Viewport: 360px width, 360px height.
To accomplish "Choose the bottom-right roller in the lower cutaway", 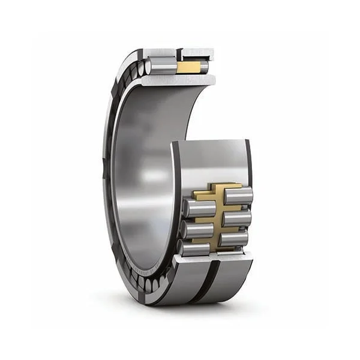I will (x=235, y=238).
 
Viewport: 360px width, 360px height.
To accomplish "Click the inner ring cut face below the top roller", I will (x=180, y=80).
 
